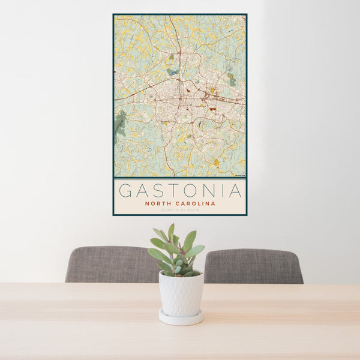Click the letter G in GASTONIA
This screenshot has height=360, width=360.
[x=125, y=191]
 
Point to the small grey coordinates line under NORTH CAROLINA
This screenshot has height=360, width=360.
[x=179, y=210]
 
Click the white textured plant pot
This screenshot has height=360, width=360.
[x=181, y=293]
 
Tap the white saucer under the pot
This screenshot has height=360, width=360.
[x=181, y=318]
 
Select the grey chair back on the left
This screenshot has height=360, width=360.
[x=111, y=264]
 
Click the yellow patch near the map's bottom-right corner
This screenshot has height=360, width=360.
[x=217, y=163]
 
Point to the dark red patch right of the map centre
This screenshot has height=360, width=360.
[x=212, y=109]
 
